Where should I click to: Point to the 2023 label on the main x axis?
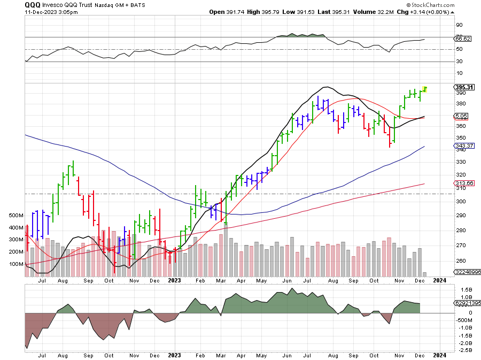point(175,280)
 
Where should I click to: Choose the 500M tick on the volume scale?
point(16,216)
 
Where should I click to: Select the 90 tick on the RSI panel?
point(459,25)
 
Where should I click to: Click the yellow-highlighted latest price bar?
point(425,89)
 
